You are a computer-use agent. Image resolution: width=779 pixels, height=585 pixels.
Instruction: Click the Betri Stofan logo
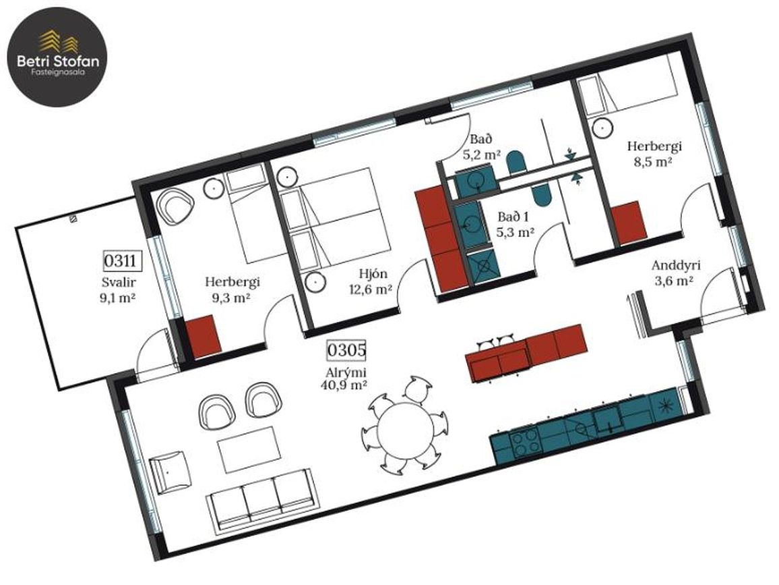[x=57, y=57]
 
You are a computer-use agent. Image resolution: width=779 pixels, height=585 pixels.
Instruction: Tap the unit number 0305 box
[x=346, y=350]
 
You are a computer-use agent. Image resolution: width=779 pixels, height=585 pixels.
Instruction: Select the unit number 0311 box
[x=122, y=260]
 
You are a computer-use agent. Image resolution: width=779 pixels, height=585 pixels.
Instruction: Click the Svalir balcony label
[x=119, y=283]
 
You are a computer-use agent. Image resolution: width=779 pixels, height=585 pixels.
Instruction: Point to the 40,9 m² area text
[x=346, y=384]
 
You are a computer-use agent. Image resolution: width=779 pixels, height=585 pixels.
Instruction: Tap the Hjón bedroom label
[x=373, y=273]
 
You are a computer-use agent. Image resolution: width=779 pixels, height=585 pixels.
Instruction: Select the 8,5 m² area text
[x=653, y=162]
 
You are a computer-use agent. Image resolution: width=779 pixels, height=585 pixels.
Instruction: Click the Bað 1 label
[x=513, y=217]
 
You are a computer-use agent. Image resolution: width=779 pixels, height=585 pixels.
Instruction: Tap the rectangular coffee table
[x=248, y=449]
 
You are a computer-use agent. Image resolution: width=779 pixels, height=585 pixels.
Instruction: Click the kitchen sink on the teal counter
[x=608, y=420]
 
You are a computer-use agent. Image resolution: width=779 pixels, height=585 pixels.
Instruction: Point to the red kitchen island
[x=526, y=353]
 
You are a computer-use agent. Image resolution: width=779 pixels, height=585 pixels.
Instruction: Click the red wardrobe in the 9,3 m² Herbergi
[x=203, y=337]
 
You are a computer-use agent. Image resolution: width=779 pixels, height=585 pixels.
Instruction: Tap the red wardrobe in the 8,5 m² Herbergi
[x=628, y=223]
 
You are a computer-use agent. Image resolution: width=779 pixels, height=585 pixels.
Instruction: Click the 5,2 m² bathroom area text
[x=481, y=155]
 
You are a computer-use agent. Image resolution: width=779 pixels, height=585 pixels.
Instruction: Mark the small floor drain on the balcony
[x=73, y=219]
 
